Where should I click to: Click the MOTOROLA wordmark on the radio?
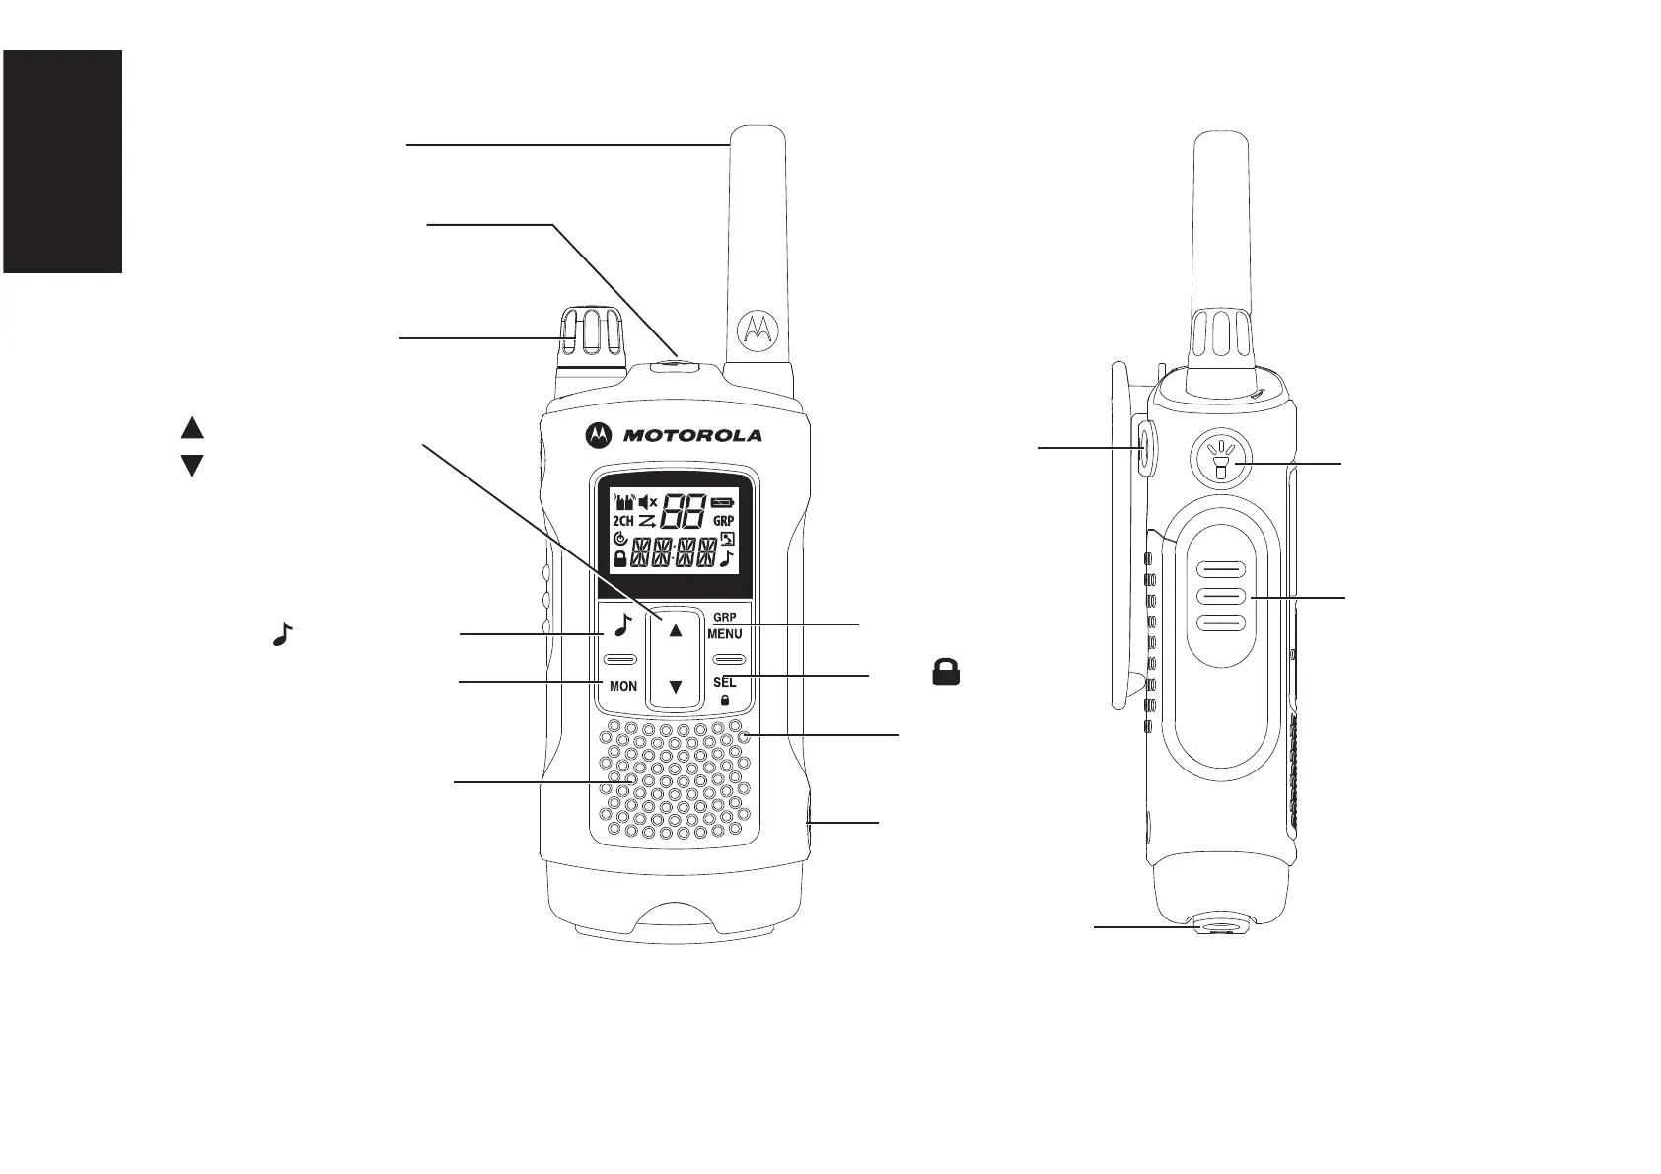691,435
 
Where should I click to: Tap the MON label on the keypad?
623,686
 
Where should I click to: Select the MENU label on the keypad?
725,634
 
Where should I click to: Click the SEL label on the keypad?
724,682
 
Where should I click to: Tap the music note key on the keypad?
621,625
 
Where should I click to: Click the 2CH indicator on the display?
623,520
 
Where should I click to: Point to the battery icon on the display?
723,502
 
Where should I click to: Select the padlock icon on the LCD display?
620,558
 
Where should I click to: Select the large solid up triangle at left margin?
192,428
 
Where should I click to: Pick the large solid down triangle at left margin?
192,466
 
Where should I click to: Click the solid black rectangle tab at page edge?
62,162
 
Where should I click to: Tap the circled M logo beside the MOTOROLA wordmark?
598,435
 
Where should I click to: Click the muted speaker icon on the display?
648,502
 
